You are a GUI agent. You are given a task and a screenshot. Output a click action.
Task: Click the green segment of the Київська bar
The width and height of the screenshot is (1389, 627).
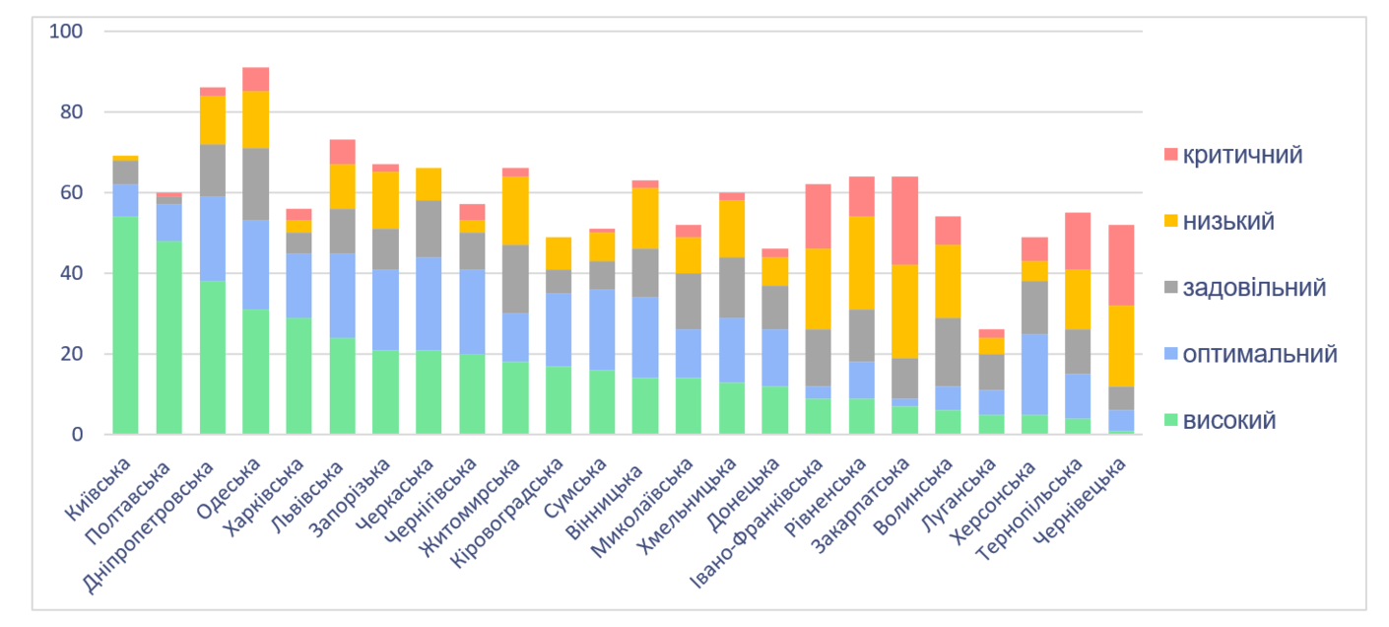point(125,325)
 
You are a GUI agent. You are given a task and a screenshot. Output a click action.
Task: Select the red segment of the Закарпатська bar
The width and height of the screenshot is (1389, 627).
point(905,221)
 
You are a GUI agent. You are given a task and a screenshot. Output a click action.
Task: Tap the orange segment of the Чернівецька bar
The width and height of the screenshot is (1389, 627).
point(1122,346)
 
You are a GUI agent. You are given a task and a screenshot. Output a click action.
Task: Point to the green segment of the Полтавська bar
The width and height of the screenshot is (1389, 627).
point(168,337)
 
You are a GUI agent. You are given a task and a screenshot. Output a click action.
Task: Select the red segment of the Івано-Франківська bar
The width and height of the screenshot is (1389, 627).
point(819,217)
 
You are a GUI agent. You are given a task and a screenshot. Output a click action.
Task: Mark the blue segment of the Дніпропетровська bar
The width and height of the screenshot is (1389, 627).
point(212,239)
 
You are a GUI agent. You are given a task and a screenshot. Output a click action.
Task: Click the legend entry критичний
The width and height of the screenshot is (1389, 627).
point(1242,155)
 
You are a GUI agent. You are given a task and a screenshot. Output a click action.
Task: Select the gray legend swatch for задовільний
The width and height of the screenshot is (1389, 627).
point(1170,288)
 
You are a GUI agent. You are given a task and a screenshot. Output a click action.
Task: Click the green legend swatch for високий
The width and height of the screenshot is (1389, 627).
point(1170,421)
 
